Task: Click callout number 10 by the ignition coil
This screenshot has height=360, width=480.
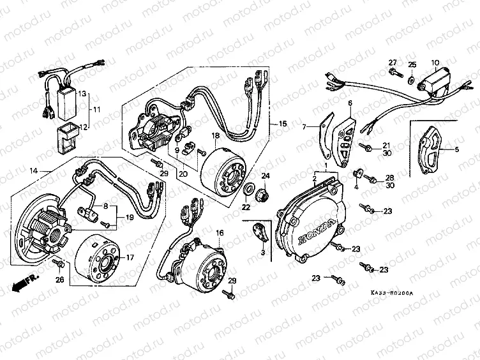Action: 435,62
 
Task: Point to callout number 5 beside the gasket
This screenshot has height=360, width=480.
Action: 456,149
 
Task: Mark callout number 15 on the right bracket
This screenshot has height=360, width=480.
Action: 275,123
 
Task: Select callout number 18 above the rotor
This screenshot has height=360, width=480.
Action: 216,137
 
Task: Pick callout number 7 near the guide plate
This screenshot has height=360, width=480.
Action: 304,126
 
